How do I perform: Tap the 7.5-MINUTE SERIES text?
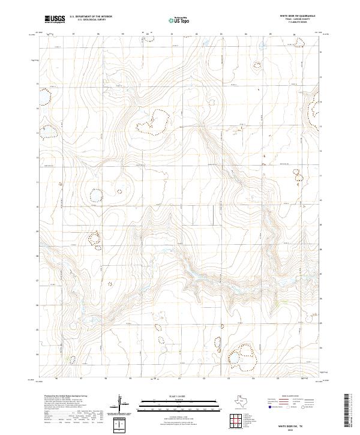click(x=298, y=25)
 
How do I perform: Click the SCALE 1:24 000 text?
click(x=179, y=397)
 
